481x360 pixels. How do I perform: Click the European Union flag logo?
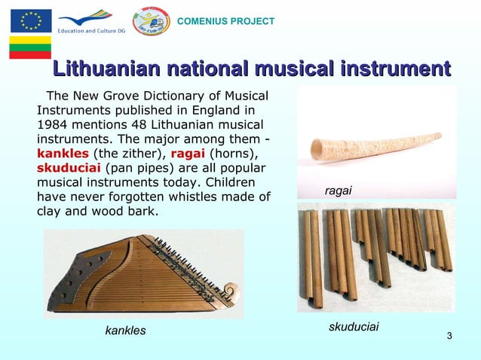(31, 20)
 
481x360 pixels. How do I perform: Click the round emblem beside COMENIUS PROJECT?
(151, 20)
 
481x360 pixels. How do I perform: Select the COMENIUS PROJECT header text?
(225, 21)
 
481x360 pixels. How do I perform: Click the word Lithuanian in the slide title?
(103, 71)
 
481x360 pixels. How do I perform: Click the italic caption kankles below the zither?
(125, 331)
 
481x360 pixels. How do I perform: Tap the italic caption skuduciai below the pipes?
(354, 327)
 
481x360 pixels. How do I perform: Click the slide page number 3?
(449, 335)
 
